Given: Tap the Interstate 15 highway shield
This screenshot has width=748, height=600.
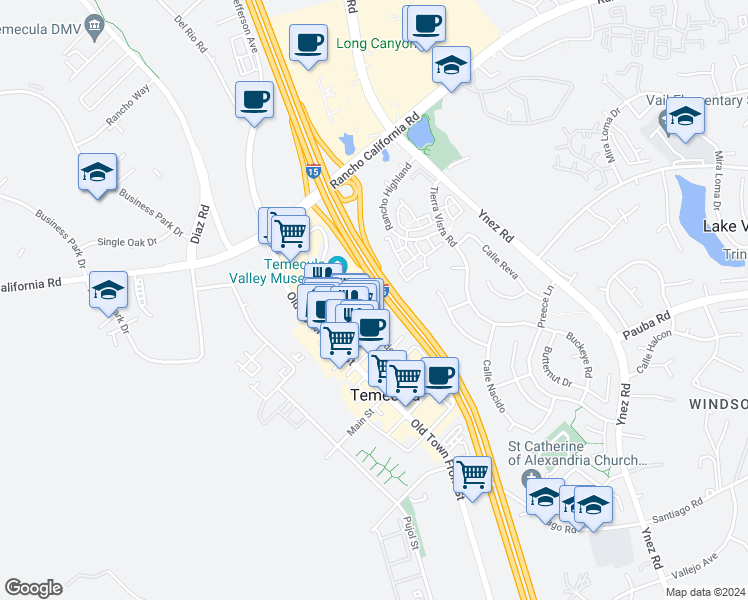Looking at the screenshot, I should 313,173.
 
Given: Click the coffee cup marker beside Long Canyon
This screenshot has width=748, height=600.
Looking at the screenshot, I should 426,24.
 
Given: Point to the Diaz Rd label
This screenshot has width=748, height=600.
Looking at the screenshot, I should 203,226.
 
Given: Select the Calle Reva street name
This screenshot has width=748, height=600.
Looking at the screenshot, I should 499,262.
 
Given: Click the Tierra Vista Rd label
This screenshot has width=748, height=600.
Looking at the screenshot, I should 442,216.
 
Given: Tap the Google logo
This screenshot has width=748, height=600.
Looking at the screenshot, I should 33,588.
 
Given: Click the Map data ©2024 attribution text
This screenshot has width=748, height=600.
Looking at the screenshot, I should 705,592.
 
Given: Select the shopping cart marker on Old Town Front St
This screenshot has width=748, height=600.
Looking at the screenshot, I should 472,475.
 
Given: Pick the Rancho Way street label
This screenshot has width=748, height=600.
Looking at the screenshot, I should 129,105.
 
